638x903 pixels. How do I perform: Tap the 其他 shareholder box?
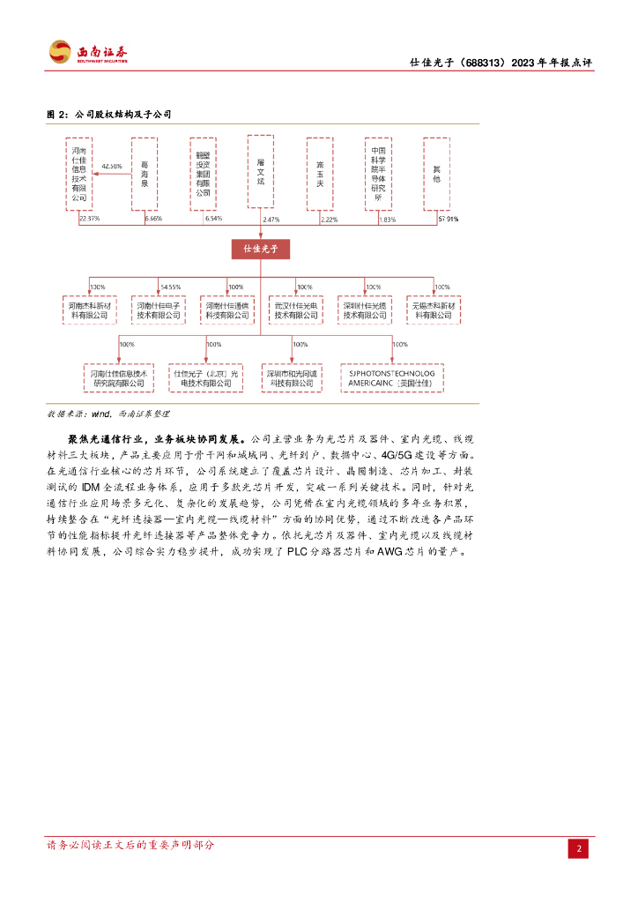tap(436, 174)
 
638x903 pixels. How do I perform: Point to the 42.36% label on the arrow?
tap(112, 166)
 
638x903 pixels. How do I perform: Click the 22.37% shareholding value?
tap(89, 218)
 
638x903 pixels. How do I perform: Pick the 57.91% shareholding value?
tap(448, 219)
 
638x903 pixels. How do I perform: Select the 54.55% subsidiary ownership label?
tap(171, 287)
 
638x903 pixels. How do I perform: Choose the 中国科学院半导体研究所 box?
tap(378, 174)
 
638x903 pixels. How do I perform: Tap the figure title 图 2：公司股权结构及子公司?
tap(108, 115)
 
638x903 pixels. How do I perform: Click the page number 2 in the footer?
tap(578, 848)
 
